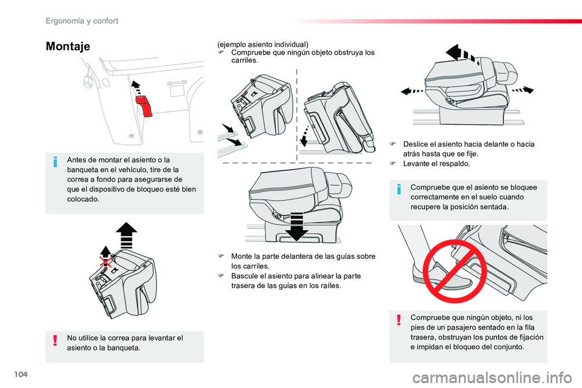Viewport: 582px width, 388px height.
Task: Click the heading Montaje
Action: tap(68, 47)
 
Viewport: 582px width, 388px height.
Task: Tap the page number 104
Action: tap(21, 374)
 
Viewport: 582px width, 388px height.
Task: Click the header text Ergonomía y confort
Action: tap(82, 21)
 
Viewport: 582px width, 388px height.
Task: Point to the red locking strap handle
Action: tap(144, 106)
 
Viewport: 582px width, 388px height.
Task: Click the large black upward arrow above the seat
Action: tap(126, 235)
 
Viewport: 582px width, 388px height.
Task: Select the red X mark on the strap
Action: tap(105, 261)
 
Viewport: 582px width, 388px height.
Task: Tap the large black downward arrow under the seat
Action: tap(296, 226)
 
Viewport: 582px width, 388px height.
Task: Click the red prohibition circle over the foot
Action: tap(455, 271)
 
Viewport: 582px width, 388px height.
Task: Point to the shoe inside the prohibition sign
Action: tap(443, 276)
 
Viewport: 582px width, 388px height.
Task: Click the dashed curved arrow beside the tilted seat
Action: tap(305, 136)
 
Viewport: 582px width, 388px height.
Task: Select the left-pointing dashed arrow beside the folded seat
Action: tap(412, 91)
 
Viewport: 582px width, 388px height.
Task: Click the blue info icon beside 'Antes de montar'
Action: tap(55, 162)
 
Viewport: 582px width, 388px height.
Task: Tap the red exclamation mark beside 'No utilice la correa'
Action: tap(55, 340)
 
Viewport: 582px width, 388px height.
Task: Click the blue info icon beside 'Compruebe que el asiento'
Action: tap(399, 189)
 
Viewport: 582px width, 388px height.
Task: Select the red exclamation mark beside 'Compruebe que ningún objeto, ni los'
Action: tap(399, 319)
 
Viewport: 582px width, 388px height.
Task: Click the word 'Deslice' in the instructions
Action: tap(414, 144)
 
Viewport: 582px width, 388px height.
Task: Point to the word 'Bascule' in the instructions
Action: tap(244, 276)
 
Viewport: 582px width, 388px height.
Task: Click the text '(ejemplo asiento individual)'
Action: tap(263, 44)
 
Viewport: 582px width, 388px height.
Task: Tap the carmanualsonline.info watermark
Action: tap(492, 378)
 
